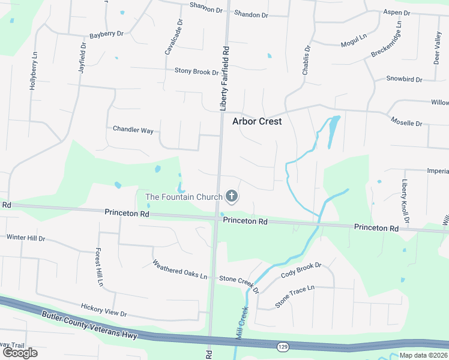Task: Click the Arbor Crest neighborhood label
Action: pyautogui.click(x=257, y=121)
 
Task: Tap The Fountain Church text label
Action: pyautogui.click(x=184, y=197)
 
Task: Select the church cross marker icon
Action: pyautogui.click(x=231, y=196)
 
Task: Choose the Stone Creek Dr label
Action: pyautogui.click(x=238, y=281)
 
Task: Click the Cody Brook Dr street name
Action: pyautogui.click(x=301, y=271)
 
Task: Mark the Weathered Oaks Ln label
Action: pyautogui.click(x=179, y=270)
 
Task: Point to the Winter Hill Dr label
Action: pyautogui.click(x=25, y=238)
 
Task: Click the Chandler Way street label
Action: pyautogui.click(x=133, y=129)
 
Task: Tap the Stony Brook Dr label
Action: pyautogui.click(x=196, y=71)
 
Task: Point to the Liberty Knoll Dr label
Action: pyautogui.click(x=406, y=203)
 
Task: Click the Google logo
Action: pyautogui.click(x=20, y=353)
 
